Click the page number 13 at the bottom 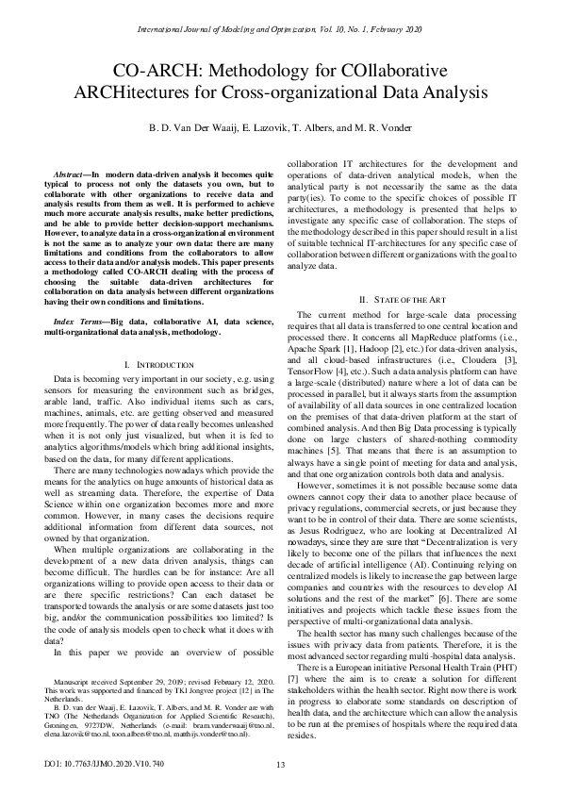[x=280, y=765]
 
